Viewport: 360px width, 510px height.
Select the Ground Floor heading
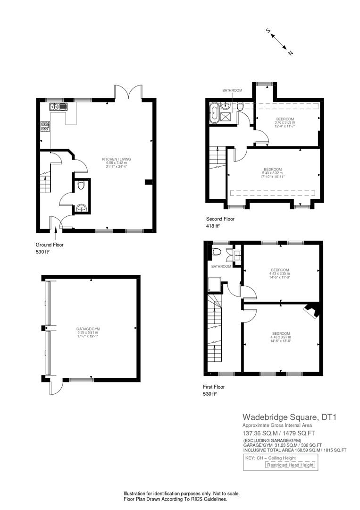[x=50, y=245]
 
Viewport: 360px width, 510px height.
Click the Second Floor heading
[x=220, y=219]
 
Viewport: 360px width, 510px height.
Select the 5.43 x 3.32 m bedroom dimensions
[x=273, y=173]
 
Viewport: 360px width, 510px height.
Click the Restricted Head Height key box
[x=290, y=465]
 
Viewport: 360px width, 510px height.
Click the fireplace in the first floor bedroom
[x=312, y=310]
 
